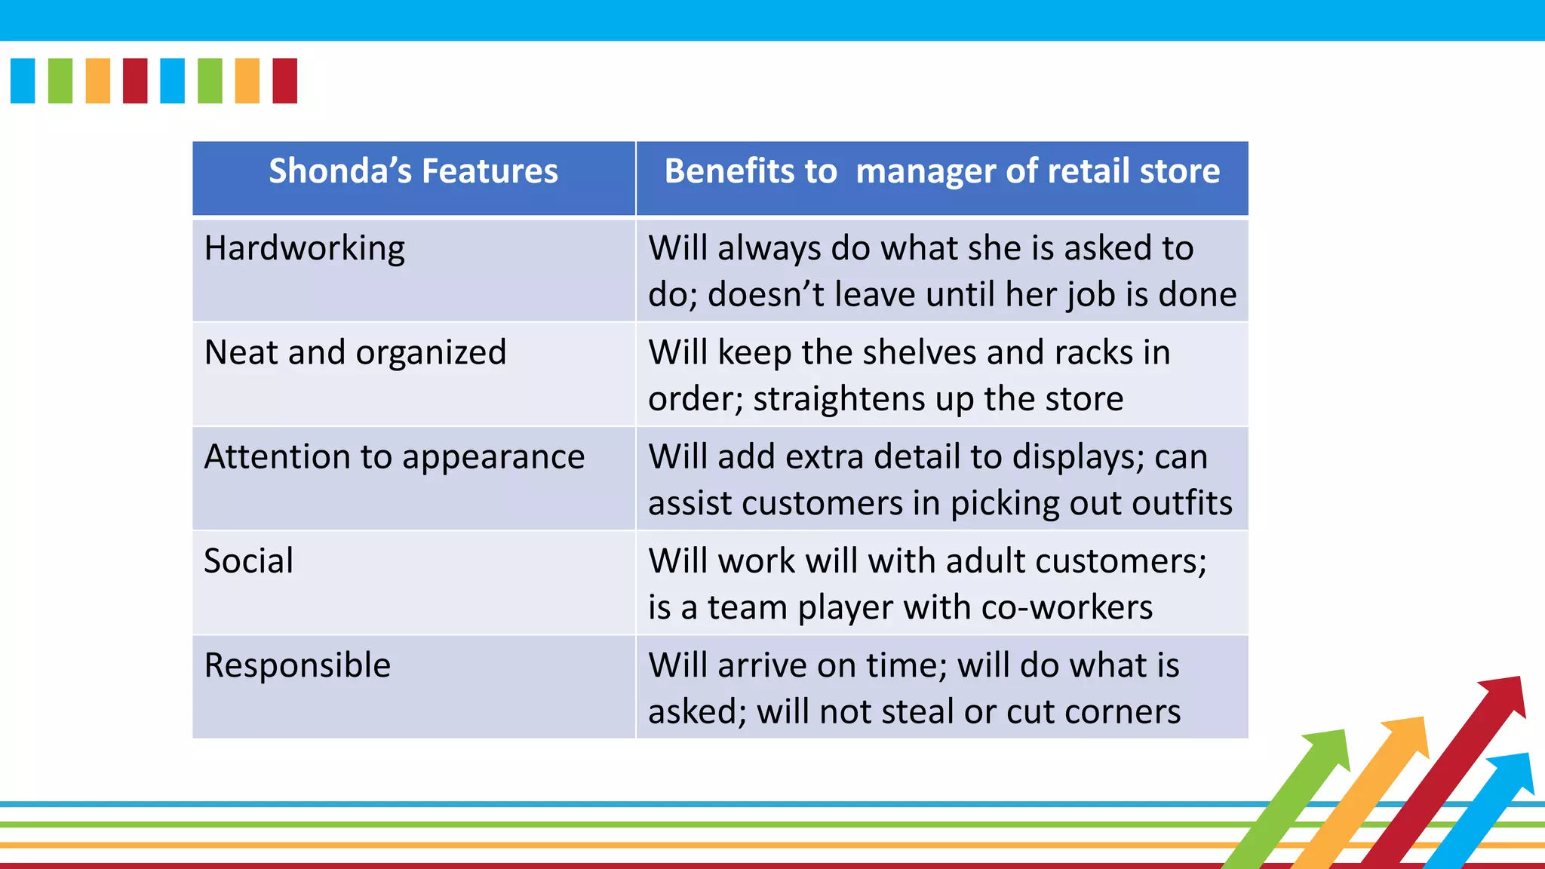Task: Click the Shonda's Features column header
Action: pos(413,171)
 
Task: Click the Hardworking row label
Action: pos(305,248)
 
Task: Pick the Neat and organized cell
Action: pos(355,352)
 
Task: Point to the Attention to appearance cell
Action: pos(395,457)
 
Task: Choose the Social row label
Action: pos(249,561)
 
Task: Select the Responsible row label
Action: pos(298,665)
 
